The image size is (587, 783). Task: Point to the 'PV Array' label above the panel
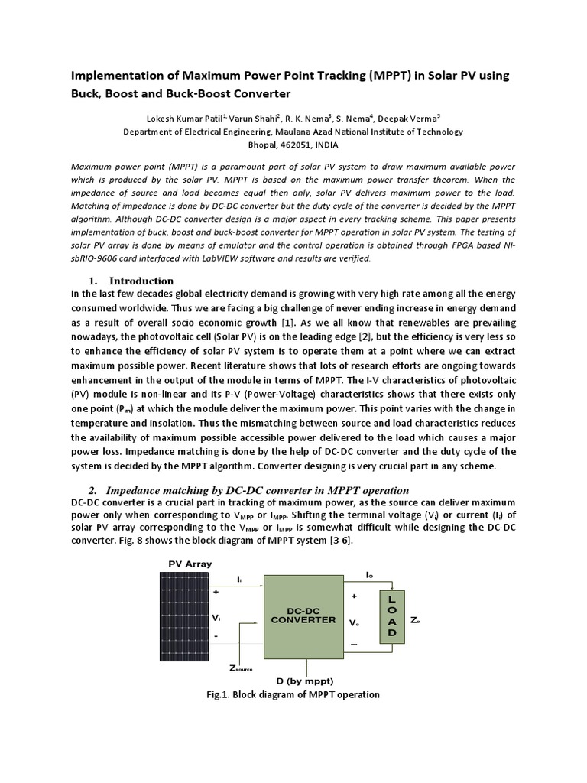(190, 564)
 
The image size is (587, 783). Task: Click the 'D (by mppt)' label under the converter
(303, 680)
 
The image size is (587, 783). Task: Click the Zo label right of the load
(415, 620)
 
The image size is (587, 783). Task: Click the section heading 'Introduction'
(141, 281)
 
